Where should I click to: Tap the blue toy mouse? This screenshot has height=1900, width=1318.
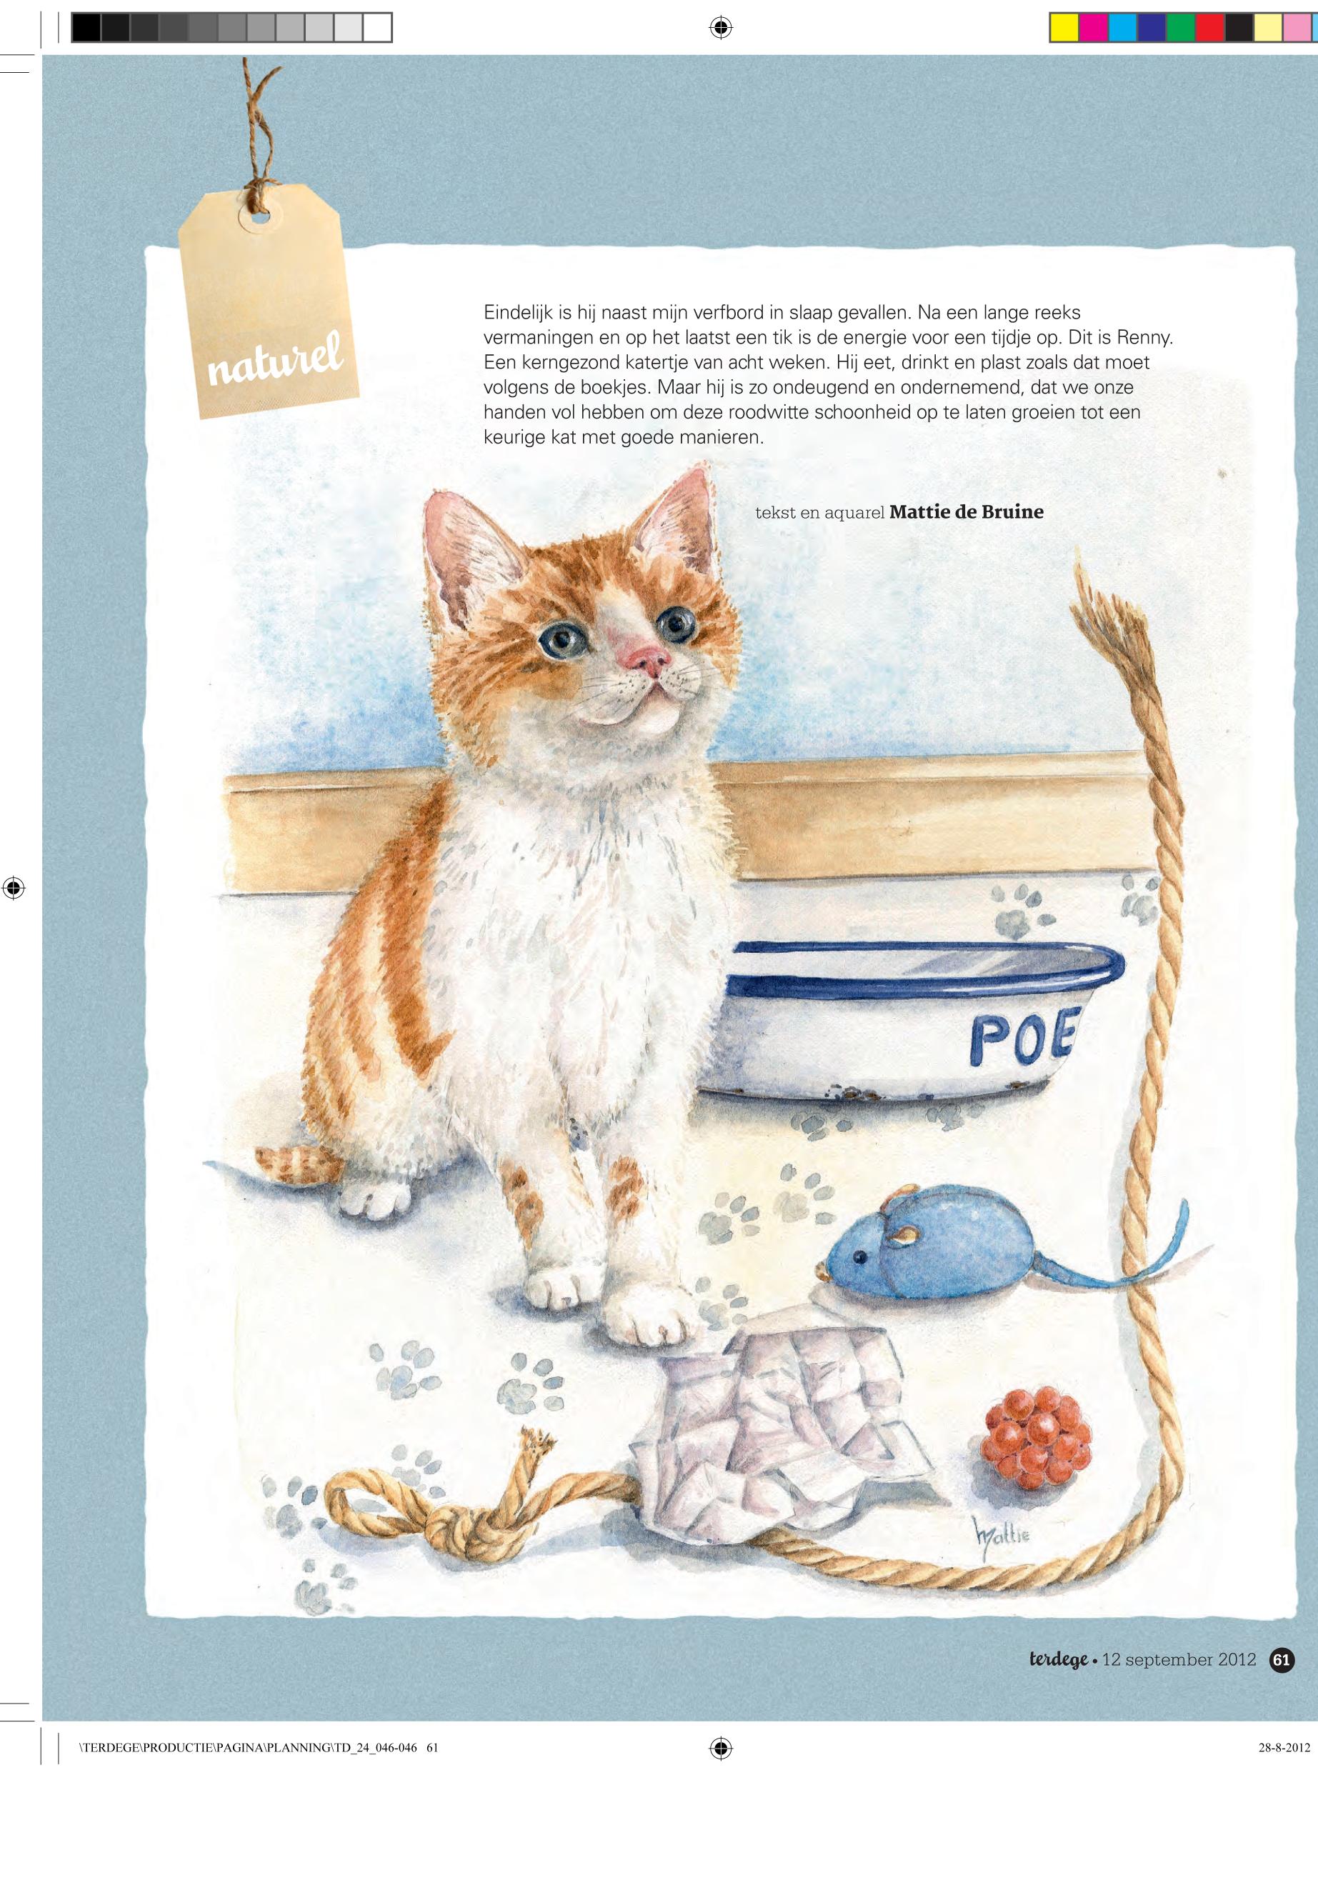[x=900, y=1239]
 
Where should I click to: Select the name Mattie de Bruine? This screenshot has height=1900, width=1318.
[x=967, y=512]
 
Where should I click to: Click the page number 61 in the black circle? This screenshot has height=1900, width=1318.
[x=1282, y=1660]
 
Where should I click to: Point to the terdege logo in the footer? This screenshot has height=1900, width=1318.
[x=1058, y=1660]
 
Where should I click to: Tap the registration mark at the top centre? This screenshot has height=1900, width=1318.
[x=721, y=28]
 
